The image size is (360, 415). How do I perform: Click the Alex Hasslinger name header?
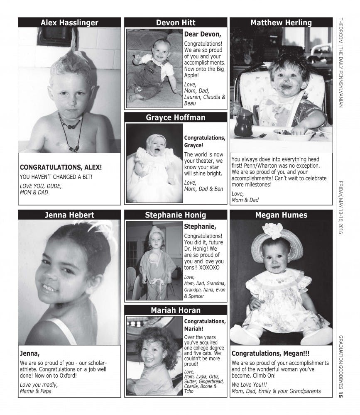(69, 23)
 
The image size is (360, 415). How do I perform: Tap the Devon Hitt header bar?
(176, 23)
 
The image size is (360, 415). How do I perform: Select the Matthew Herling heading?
(281, 23)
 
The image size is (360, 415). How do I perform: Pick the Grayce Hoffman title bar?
(176, 117)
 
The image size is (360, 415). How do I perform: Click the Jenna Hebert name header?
(69, 215)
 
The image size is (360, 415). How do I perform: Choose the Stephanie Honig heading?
(176, 215)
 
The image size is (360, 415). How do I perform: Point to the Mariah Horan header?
(176, 310)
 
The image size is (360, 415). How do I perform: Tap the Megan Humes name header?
(281, 215)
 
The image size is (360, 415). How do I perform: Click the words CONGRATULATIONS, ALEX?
(61, 168)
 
